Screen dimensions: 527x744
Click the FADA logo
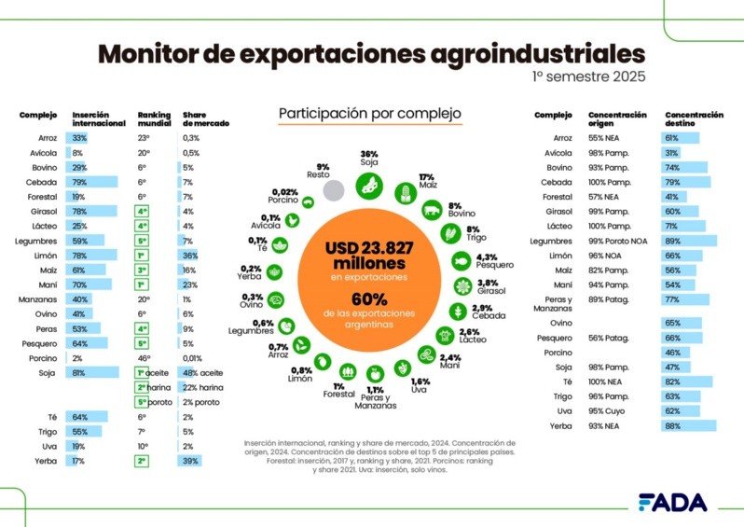(x=673, y=502)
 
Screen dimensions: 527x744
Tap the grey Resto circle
(x=334, y=190)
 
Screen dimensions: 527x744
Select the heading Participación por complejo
(x=370, y=114)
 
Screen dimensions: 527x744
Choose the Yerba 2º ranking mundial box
(x=143, y=460)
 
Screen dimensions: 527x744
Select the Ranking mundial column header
(x=153, y=118)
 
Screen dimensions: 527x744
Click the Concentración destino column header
(x=694, y=118)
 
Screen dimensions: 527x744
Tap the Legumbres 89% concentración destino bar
(x=690, y=240)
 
